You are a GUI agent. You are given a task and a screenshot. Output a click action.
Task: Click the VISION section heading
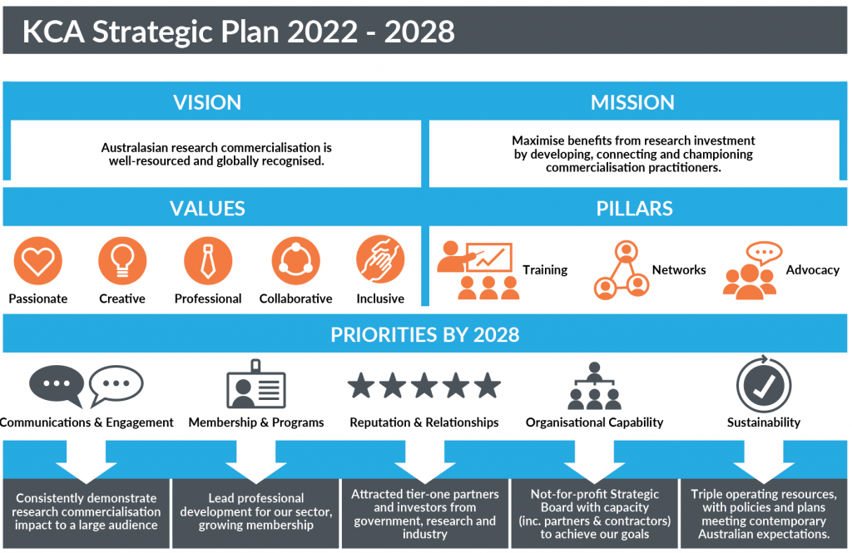pyautogui.click(x=207, y=102)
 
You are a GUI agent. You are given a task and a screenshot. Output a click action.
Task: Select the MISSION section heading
pyautogui.click(x=632, y=102)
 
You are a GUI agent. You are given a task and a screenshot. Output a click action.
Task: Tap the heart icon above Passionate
pyautogui.click(x=38, y=261)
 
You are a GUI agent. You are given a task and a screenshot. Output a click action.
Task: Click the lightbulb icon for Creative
pyautogui.click(x=122, y=261)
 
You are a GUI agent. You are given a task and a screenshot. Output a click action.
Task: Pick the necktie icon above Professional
pyautogui.click(x=208, y=261)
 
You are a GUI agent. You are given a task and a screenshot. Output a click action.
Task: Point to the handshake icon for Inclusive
pyautogui.click(x=380, y=259)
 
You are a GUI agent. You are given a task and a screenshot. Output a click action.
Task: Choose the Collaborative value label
pyautogui.click(x=295, y=299)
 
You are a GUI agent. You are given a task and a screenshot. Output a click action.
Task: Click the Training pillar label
pyautogui.click(x=545, y=270)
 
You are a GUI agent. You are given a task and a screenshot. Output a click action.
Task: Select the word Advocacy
pyautogui.click(x=812, y=270)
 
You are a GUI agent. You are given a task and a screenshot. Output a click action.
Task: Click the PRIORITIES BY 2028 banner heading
pyautogui.click(x=425, y=334)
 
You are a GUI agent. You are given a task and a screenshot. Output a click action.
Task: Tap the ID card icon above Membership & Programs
pyautogui.click(x=256, y=384)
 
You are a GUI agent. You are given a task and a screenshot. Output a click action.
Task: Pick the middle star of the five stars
pyautogui.click(x=424, y=386)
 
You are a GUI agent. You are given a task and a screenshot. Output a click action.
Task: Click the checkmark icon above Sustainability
pyautogui.click(x=764, y=384)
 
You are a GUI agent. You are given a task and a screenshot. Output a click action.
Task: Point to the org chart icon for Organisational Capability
pyautogui.click(x=594, y=386)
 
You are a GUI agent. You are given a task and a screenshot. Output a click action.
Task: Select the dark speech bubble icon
pyautogui.click(x=56, y=383)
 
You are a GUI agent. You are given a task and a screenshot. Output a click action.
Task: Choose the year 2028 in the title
pyautogui.click(x=419, y=32)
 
